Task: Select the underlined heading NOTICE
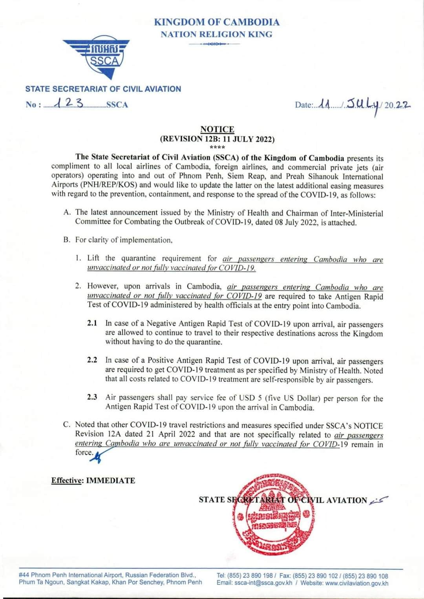coord(217,129)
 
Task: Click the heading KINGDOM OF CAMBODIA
coord(217,22)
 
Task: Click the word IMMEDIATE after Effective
coord(110,480)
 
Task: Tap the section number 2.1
coord(92,323)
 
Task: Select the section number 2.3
coord(92,397)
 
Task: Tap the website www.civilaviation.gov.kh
coord(357,583)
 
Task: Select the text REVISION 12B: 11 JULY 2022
coord(217,139)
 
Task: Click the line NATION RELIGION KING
coord(217,34)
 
